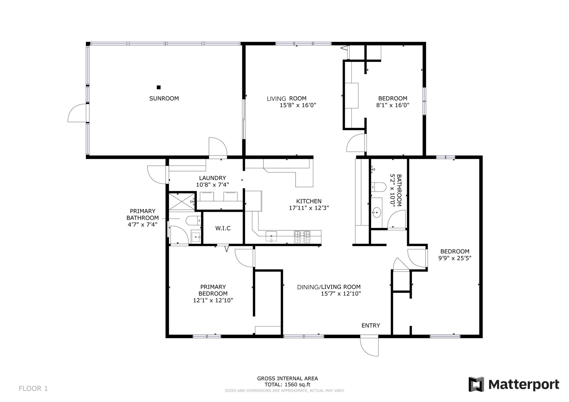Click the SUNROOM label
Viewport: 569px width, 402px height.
(164, 98)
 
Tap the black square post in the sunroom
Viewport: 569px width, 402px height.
(159, 87)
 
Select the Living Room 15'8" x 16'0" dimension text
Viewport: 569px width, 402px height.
(298, 105)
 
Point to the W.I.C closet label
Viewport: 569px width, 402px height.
(223, 228)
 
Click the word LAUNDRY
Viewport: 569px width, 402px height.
(213, 178)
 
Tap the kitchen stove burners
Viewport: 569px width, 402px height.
(302, 237)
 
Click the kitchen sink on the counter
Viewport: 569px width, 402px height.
(271, 236)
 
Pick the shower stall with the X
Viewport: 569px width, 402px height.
(182, 201)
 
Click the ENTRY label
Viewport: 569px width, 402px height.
(371, 326)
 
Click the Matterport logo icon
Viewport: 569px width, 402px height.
(476, 384)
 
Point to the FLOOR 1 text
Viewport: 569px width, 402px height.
(33, 388)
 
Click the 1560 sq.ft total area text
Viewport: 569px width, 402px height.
(297, 385)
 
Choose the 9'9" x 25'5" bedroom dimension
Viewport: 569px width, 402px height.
(455, 258)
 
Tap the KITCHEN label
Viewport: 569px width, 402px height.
(309, 201)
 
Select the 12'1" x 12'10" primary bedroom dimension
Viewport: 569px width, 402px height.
(213, 300)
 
